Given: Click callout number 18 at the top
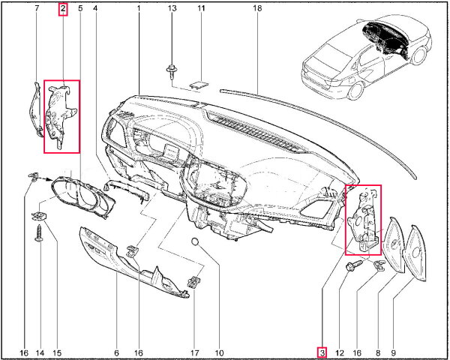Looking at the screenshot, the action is click(x=257, y=8).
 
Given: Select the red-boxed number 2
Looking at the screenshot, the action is click(x=63, y=9).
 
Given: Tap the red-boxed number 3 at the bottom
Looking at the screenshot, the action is click(x=322, y=352).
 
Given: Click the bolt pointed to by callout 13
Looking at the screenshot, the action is click(x=171, y=72).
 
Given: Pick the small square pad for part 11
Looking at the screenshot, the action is click(x=199, y=85).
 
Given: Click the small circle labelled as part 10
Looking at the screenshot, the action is click(x=195, y=241).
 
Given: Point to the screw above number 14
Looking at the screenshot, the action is click(x=38, y=233).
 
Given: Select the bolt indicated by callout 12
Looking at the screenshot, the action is click(x=354, y=265).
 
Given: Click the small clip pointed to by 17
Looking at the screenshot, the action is click(x=194, y=282).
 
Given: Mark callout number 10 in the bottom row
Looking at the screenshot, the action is click(x=219, y=352).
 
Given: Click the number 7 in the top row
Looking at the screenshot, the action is click(x=37, y=8).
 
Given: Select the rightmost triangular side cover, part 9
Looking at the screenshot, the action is click(x=415, y=253).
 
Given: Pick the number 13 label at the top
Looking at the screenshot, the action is click(x=172, y=8).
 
